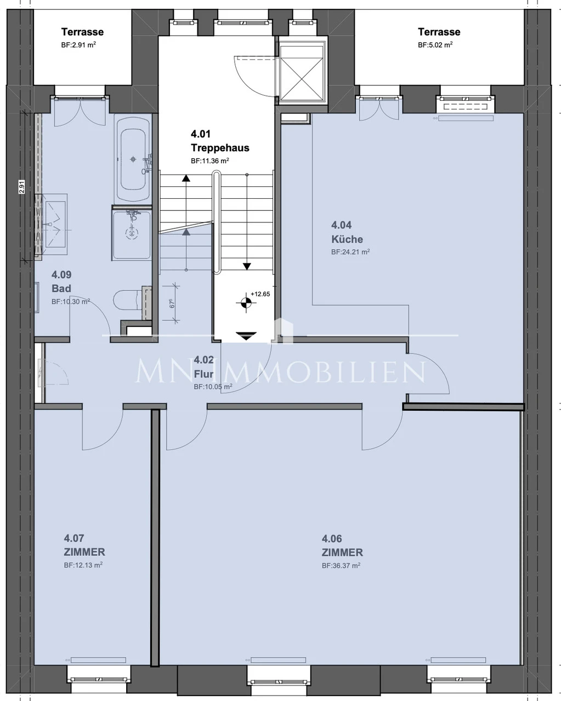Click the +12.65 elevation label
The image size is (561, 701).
[260, 294]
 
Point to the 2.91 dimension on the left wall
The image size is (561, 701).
[22, 187]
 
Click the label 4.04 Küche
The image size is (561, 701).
[347, 232]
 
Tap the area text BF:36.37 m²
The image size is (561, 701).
[341, 566]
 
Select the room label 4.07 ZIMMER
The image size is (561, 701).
[84, 545]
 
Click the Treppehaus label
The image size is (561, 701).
[219, 141]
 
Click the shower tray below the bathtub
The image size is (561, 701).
[132, 233]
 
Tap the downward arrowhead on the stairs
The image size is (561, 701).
[247, 267]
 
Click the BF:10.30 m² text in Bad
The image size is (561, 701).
[70, 302]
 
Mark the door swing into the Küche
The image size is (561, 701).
[430, 375]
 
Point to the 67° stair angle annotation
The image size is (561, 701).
[172, 303]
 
